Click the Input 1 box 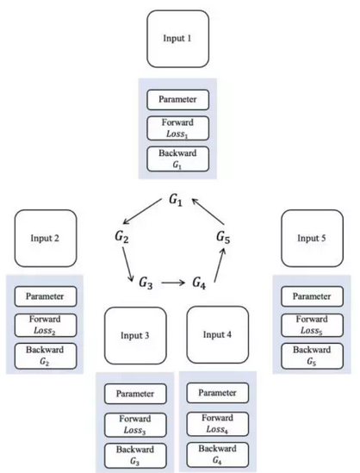click(x=178, y=40)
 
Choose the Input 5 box click(x=313, y=238)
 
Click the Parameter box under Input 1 click(x=178, y=99)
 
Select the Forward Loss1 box click(x=178, y=128)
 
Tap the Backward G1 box click(x=178, y=159)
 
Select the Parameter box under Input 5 click(x=313, y=296)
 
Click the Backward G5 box click(x=313, y=356)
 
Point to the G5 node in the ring click(x=224, y=236)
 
